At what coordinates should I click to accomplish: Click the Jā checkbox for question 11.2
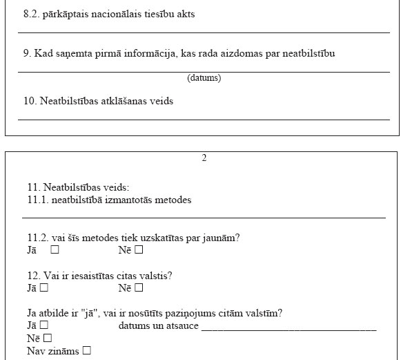[x=55, y=250]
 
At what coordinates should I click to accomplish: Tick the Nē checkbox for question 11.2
[x=139, y=250]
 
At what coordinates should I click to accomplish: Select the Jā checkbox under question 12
[x=43, y=288]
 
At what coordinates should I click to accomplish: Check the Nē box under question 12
[x=139, y=288]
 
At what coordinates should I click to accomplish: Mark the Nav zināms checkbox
[x=86, y=350]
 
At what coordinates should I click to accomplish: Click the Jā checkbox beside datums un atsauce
[x=43, y=325]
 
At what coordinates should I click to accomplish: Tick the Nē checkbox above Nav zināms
[x=47, y=338]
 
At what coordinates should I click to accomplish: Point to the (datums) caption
[x=204, y=78]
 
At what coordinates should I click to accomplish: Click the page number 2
[x=204, y=158]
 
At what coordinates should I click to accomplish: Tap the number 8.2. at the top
[x=32, y=14]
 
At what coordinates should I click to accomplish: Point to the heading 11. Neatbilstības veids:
[x=78, y=187]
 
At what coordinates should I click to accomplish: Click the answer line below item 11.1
[x=204, y=218]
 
